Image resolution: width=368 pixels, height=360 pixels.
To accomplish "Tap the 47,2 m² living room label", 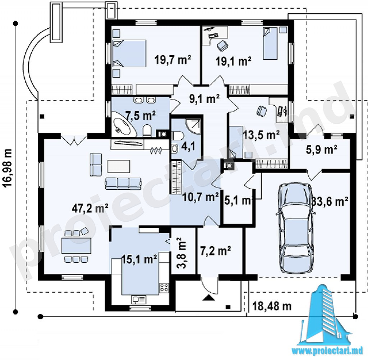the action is pyautogui.click(x=90, y=208).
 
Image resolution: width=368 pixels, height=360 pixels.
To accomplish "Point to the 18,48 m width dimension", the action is pyautogui.click(x=272, y=306).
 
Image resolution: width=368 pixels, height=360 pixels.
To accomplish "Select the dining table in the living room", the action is pyautogui.click(x=76, y=245).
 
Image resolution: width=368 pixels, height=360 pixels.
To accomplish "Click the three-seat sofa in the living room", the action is pyautogui.click(x=123, y=183).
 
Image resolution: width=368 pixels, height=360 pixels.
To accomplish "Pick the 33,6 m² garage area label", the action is pyautogui.click(x=330, y=201).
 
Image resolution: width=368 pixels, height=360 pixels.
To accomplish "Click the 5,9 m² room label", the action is pyautogui.click(x=322, y=150).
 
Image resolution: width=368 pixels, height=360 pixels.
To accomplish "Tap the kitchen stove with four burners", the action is pyautogui.click(x=164, y=288).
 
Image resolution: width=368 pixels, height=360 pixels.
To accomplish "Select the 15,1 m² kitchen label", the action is pyautogui.click(x=139, y=260).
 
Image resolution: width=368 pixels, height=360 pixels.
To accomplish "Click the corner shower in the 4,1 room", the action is pyautogui.click(x=193, y=126).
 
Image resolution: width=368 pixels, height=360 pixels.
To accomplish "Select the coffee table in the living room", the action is pyautogui.click(x=119, y=166).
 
